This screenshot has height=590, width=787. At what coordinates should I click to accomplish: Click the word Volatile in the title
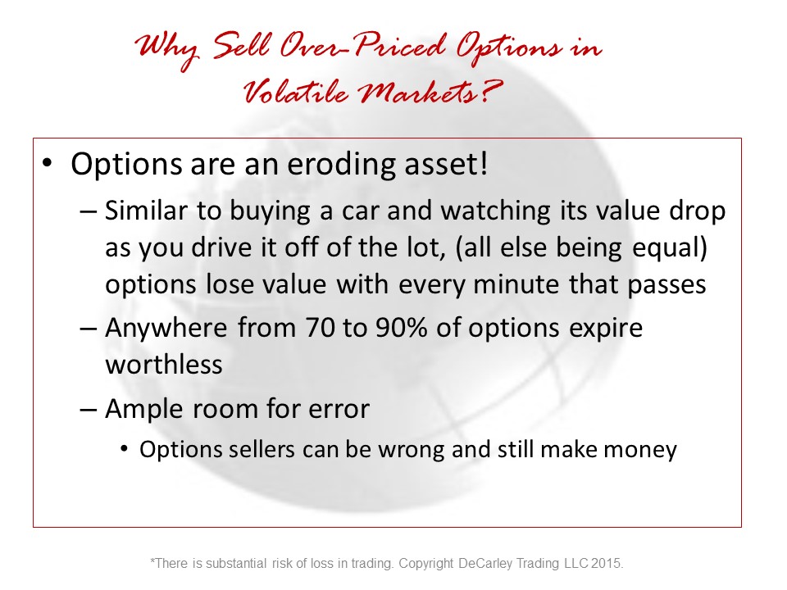coord(296,91)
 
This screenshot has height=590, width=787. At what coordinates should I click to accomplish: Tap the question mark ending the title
coord(492,91)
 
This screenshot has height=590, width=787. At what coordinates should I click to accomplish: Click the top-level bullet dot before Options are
coord(48,163)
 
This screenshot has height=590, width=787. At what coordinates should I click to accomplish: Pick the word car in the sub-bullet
coord(361,211)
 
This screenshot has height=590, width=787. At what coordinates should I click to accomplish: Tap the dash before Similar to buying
coord(88,211)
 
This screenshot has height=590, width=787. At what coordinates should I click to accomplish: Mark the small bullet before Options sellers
coord(125,448)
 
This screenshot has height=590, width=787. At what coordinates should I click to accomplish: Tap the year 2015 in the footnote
coord(607,564)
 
